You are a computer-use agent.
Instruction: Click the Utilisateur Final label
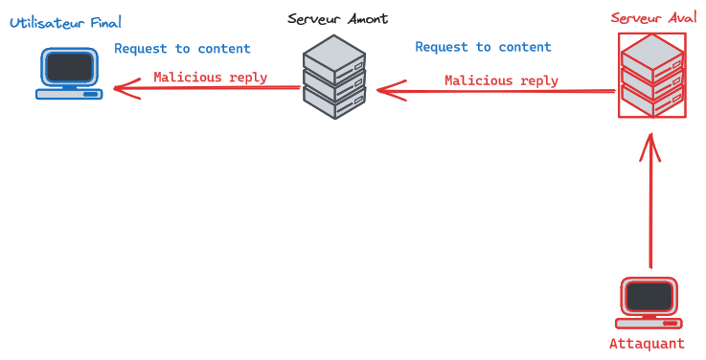coord(66,22)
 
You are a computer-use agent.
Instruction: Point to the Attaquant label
coord(648,344)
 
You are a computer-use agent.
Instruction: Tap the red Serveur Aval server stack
coord(651,76)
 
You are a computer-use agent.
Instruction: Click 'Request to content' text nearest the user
coord(182,49)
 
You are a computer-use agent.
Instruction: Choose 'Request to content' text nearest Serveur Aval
coord(483,47)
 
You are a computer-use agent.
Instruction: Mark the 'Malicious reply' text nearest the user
coord(210,78)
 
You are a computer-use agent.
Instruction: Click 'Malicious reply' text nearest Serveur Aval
coord(501,80)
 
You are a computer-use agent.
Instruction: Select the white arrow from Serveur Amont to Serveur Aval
coord(493,57)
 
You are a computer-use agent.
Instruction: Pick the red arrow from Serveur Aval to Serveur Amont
coord(493,91)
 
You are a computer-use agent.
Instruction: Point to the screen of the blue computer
coord(70,67)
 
